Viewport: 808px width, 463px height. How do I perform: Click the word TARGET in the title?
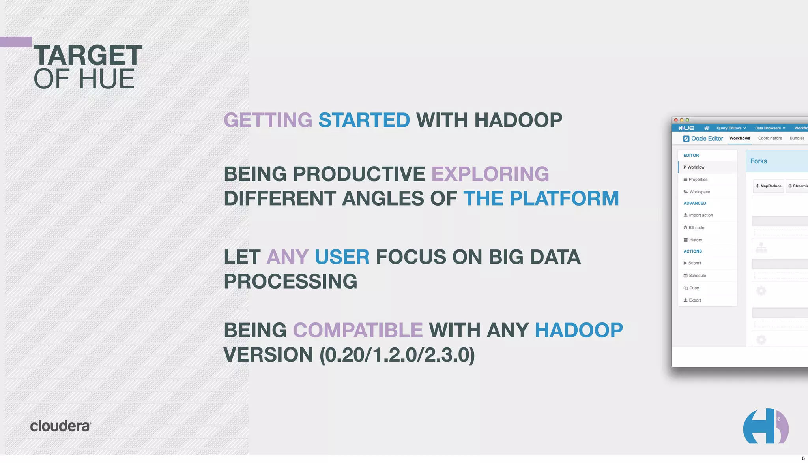point(88,55)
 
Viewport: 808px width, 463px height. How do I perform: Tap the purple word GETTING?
point(268,120)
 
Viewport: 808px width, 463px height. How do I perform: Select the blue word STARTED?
point(364,120)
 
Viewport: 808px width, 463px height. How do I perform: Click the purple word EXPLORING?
point(490,174)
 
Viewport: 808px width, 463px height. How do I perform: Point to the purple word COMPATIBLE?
point(357,330)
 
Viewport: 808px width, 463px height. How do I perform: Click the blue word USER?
point(342,257)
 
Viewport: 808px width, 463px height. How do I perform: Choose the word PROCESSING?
point(290,281)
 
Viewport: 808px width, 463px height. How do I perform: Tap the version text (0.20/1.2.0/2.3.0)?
point(397,354)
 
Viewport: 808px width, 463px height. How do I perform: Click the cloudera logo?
point(60,426)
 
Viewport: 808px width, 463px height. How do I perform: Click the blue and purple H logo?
point(765,426)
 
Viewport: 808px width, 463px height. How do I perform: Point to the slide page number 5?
point(803,458)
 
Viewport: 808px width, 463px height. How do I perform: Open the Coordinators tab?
point(770,138)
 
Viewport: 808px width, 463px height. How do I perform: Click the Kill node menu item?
point(696,228)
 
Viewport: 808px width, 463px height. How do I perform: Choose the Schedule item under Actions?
point(697,276)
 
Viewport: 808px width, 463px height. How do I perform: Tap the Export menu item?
point(694,300)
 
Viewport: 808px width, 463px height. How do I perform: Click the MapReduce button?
point(768,186)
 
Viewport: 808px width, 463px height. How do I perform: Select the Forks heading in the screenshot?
point(758,161)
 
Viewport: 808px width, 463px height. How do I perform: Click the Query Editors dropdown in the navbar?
point(731,128)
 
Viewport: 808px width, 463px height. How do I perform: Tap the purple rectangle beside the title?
point(16,42)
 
